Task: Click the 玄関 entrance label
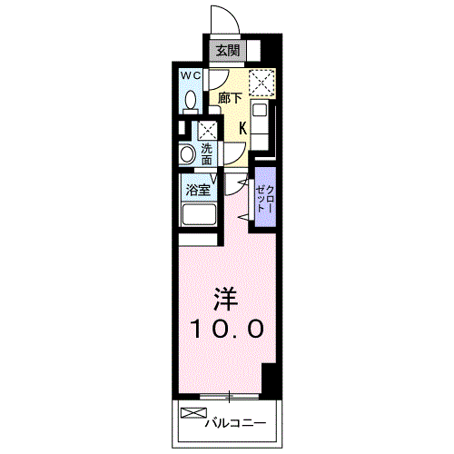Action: coord(227,52)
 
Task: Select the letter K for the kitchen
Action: coord(242,128)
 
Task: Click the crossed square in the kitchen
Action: coord(261,82)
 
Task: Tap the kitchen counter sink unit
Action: coord(261,123)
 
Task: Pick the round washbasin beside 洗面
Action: coord(187,154)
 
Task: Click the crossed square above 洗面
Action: coord(208,129)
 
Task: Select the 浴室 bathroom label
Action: coord(199,191)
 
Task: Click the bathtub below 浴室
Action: coord(198,216)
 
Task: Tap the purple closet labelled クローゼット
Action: coord(263,197)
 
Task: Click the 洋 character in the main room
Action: coord(225,298)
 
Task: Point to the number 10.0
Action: coord(227,328)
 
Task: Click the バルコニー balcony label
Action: coord(234,423)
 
